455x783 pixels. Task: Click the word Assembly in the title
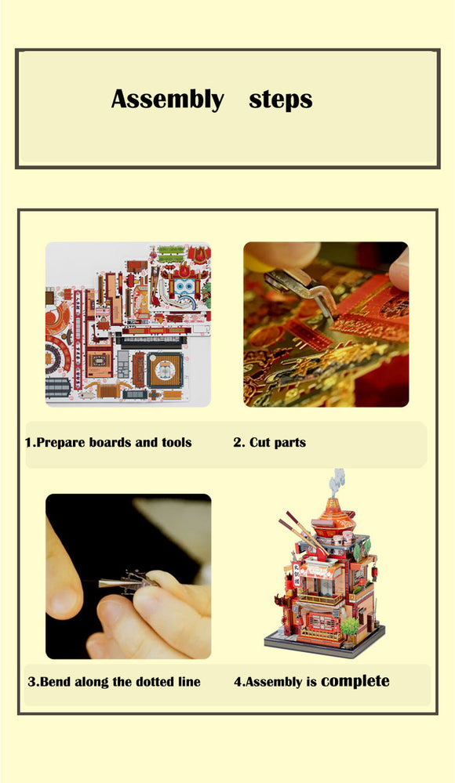pos(167,100)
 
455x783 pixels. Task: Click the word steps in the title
pos(281,100)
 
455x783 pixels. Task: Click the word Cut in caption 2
pos(260,442)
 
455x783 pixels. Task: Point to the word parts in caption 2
pos(289,442)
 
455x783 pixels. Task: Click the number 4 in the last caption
pos(238,681)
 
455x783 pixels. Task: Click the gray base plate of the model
pos(323,647)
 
